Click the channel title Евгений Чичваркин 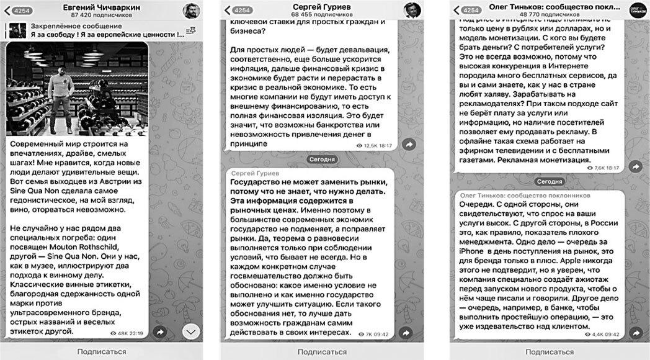(102, 6)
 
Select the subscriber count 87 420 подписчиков (102, 14)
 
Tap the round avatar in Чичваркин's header (191, 10)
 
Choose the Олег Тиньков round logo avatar (638, 10)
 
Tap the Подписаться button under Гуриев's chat (322, 352)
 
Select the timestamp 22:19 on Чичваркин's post (136, 333)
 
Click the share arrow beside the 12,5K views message (409, 144)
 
